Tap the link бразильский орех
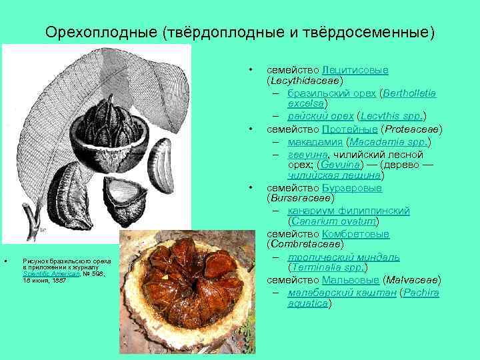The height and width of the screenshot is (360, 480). pyautogui.click(x=325, y=93)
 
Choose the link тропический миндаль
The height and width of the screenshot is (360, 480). pyautogui.click(x=343, y=257)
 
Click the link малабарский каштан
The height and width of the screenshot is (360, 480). pyautogui.click(x=341, y=292)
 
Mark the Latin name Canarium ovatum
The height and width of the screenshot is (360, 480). pyautogui.click(x=333, y=222)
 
